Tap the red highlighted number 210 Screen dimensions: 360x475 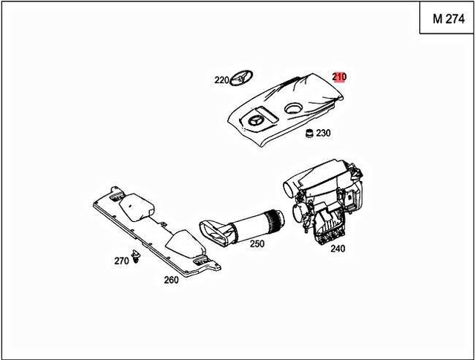pyautogui.click(x=339, y=76)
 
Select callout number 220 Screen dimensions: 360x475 pyautogui.click(x=221, y=79)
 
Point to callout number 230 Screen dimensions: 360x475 pyautogui.click(x=323, y=134)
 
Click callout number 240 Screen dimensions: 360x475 pyautogui.click(x=337, y=249)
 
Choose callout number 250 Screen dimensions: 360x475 pyautogui.click(x=257, y=243)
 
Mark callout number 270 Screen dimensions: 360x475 pyautogui.click(x=121, y=261)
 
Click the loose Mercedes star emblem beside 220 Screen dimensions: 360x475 pyautogui.click(x=241, y=79)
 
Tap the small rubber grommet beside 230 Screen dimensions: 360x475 pyautogui.click(x=307, y=134)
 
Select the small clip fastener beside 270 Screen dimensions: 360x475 pyautogui.click(x=137, y=257)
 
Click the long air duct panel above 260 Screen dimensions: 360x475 pyautogui.click(x=156, y=230)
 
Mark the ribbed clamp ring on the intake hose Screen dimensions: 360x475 pyautogui.click(x=278, y=218)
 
